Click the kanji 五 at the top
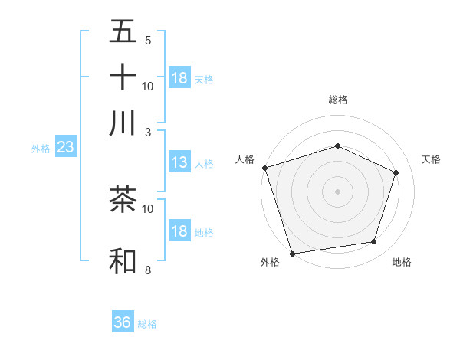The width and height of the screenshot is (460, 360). pos(123,32)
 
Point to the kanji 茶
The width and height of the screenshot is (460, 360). pos(123,201)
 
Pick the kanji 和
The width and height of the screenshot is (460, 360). pos(123,261)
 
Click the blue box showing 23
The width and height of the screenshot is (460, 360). pos(65,147)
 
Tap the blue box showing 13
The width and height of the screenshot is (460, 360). pos(179,162)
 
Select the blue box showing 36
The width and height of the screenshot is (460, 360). pos(122,322)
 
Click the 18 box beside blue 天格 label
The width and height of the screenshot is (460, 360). pos(179,78)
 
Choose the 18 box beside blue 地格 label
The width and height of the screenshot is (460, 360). pos(179,231)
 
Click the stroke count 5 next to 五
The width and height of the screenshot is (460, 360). pos(147,40)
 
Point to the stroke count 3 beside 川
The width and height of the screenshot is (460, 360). pos(147,131)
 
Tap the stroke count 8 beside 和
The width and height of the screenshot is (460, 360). pos(147,269)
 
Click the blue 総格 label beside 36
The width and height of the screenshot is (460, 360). pos(147,324)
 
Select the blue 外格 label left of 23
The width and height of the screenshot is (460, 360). pos(41,149)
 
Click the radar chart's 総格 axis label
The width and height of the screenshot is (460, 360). pos(337,100)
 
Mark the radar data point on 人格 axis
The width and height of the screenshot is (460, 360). pos(264,168)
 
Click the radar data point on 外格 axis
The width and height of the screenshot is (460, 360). pos(292,253)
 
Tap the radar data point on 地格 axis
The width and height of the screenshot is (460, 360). pos(373,241)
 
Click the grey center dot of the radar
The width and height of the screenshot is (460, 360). pos(337,191)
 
